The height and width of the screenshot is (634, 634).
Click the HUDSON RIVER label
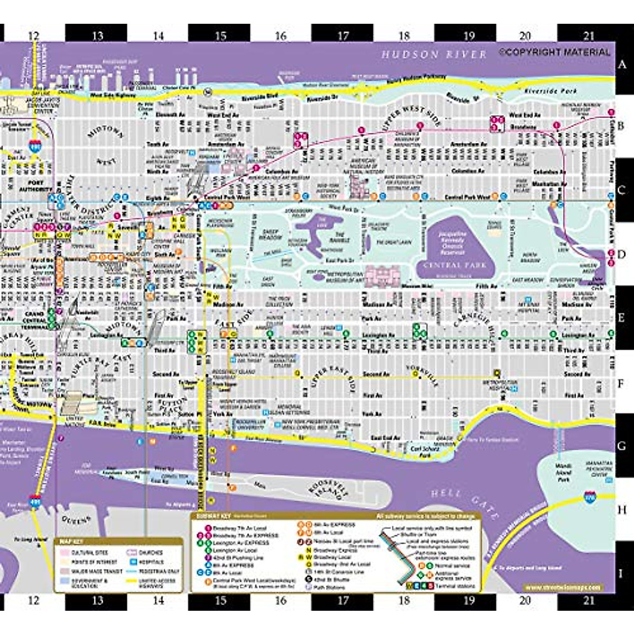(433, 54)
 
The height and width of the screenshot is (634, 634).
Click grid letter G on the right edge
(622, 445)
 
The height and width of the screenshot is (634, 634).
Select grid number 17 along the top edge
(343, 36)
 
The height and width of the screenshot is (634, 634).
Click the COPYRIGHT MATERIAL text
(554, 52)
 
